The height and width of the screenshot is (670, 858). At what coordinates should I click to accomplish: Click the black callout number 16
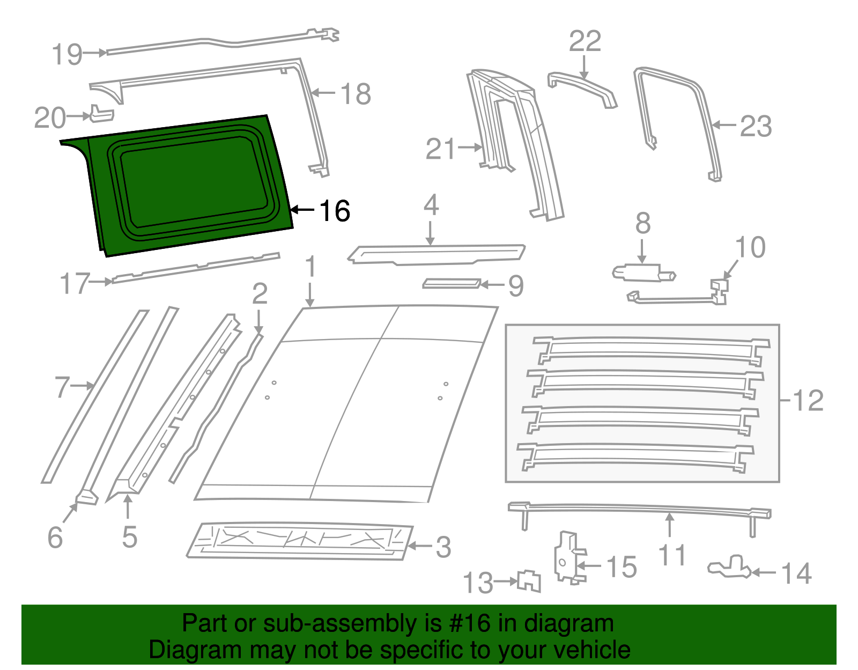pos(335,211)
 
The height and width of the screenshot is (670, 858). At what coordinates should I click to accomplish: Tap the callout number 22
pos(585,41)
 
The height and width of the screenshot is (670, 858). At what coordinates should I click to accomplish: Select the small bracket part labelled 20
pos(101,114)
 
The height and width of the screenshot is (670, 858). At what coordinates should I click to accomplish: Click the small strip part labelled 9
pos(451,283)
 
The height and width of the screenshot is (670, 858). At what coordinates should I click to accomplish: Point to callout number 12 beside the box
pos(808,400)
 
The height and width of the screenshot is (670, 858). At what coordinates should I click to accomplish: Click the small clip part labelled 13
pos(530,581)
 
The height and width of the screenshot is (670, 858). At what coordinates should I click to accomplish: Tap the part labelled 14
pos(730,568)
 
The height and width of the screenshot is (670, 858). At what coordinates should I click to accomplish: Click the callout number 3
pos(443,547)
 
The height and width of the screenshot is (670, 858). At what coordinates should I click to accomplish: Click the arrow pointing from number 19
pos(95,53)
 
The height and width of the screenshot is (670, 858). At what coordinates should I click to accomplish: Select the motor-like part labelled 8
pos(642,273)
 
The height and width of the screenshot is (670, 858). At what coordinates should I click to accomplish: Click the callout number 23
pos(756,127)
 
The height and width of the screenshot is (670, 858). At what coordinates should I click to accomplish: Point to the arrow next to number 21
pos(470,147)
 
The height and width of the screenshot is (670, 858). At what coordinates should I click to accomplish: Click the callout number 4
pos(431,205)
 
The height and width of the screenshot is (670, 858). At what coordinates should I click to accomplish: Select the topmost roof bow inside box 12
pos(652,347)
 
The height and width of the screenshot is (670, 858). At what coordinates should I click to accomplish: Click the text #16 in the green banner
pos(470,623)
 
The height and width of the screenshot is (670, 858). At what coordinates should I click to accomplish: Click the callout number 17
pos(74,283)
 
